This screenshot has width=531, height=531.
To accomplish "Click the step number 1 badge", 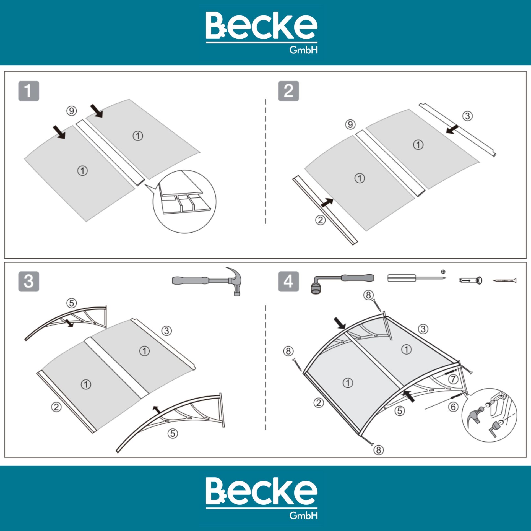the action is (29, 91).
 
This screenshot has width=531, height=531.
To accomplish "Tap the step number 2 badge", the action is (288, 91).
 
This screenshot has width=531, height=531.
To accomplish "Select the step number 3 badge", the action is (29, 282).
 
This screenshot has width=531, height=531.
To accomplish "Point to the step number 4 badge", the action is (288, 282).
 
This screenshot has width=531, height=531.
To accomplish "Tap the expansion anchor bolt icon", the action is (470, 280).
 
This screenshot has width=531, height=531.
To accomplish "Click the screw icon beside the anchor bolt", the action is (504, 281).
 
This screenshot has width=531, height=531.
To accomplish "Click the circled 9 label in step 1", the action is (71, 111).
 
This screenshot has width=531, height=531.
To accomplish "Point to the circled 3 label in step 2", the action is (467, 116).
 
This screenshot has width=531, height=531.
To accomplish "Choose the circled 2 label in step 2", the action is (320, 220).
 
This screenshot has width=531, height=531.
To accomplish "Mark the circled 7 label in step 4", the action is (453, 379).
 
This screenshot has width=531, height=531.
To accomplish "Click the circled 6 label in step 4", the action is (453, 407).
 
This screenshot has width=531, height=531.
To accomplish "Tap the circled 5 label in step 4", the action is (400, 411).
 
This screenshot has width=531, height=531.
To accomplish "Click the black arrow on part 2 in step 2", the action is (327, 202).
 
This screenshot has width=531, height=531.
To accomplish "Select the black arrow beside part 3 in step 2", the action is (452, 129).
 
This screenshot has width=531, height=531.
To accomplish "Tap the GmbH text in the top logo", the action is (303, 50).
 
